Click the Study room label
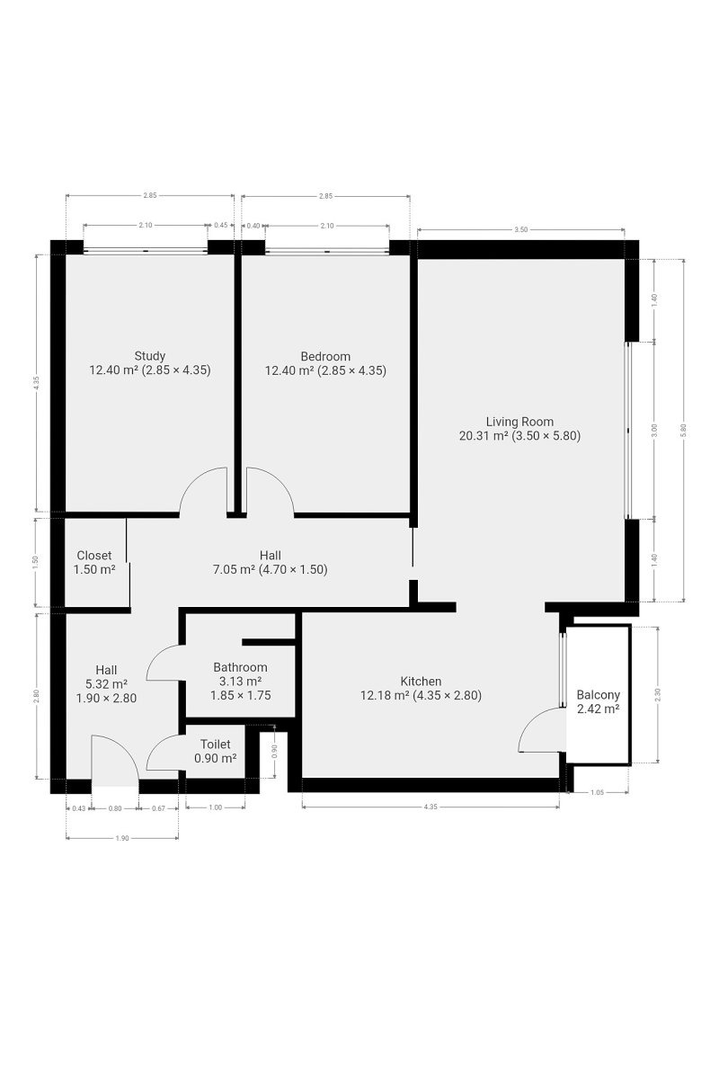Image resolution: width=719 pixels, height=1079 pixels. coord(150,356)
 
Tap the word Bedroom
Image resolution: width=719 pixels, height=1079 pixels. coord(325,356)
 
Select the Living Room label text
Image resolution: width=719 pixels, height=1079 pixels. coord(519,422)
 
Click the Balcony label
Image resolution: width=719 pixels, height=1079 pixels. coord(599,694)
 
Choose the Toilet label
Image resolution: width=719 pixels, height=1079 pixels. coord(216,745)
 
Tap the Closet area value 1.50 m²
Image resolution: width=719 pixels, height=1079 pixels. coord(94,569)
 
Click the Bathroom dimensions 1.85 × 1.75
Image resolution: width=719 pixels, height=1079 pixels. coord(241,695)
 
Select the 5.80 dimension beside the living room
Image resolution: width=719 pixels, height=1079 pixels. coord(683,430)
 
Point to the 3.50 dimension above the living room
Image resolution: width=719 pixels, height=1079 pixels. coord(521,230)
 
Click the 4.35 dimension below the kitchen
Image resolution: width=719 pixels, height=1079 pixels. coord(431,807)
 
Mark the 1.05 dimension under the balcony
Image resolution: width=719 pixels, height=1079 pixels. coord(597,792)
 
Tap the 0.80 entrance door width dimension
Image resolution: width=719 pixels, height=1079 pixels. coord(115,808)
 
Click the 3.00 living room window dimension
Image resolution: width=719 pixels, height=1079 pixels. coord(654,430)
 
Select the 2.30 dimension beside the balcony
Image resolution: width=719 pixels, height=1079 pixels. coord(658,694)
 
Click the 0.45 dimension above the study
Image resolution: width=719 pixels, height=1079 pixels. coord(221,225)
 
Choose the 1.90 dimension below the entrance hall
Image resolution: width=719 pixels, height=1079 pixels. coord(122,838)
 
